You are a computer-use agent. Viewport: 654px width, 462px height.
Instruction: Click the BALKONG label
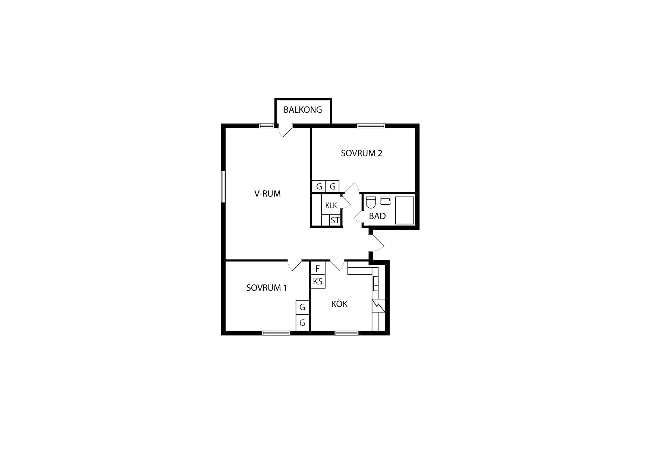302,110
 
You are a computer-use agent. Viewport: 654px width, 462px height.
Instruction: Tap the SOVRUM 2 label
361,153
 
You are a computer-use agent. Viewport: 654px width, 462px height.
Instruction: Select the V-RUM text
267,194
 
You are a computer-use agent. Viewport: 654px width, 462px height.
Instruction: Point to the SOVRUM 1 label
267,288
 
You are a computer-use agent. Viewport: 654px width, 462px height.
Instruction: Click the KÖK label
339,304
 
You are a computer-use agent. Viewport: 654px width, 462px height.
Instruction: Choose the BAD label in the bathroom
377,216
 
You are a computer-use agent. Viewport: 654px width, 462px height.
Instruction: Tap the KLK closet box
331,205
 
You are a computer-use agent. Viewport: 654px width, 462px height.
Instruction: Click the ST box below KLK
335,220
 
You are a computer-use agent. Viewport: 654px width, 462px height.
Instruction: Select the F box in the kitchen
318,268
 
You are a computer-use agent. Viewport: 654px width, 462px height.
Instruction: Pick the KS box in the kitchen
318,281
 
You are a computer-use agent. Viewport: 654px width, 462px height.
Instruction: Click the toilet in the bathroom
371,202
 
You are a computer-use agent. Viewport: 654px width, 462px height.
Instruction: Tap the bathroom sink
385,201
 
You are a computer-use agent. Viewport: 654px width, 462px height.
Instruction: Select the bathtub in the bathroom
405,210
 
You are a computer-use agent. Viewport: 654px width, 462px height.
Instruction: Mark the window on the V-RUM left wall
223,187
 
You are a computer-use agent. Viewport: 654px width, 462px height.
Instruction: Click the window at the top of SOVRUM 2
371,125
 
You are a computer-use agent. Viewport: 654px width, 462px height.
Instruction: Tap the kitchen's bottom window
346,333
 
